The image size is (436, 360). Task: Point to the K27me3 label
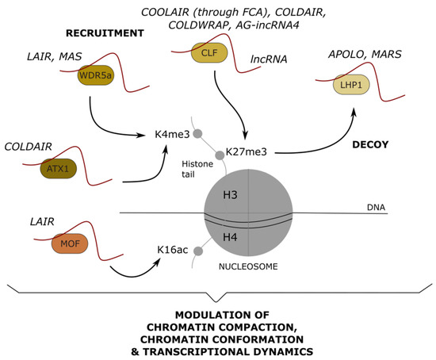click(x=246, y=151)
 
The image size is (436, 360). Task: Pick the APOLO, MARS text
click(x=354, y=56)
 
